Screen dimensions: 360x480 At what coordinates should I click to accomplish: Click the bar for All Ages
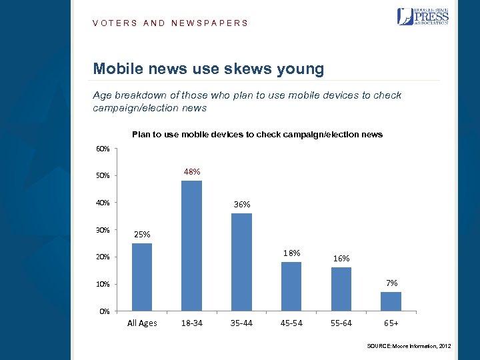coord(142,277)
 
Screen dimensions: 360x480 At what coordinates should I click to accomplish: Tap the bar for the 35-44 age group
coord(241,261)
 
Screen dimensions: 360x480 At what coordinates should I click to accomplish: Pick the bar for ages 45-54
coord(291,286)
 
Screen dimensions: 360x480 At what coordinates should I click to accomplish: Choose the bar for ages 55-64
coord(341,289)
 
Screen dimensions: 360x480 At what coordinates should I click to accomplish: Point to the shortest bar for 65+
coord(391,301)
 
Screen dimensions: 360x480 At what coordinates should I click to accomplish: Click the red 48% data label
coord(192,172)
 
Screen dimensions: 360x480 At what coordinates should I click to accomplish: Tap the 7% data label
coord(391,283)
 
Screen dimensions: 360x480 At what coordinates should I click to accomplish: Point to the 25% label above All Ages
coord(142,235)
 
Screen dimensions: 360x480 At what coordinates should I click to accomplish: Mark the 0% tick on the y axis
coord(103,311)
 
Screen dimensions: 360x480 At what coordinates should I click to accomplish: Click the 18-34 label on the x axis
coord(192,323)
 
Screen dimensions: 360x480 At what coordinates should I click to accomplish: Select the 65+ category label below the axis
coord(391,323)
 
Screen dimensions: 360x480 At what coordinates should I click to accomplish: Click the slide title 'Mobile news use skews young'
coord(209,69)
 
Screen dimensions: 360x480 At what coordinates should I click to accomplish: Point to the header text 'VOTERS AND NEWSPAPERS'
coord(170,23)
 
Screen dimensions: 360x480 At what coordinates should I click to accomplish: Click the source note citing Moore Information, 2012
coord(409,347)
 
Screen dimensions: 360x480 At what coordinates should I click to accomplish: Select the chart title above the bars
coord(257,135)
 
